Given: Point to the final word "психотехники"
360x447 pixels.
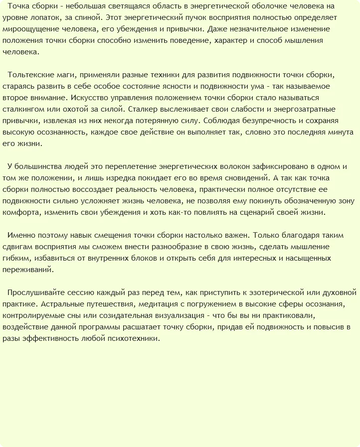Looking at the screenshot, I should tap(134, 338).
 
